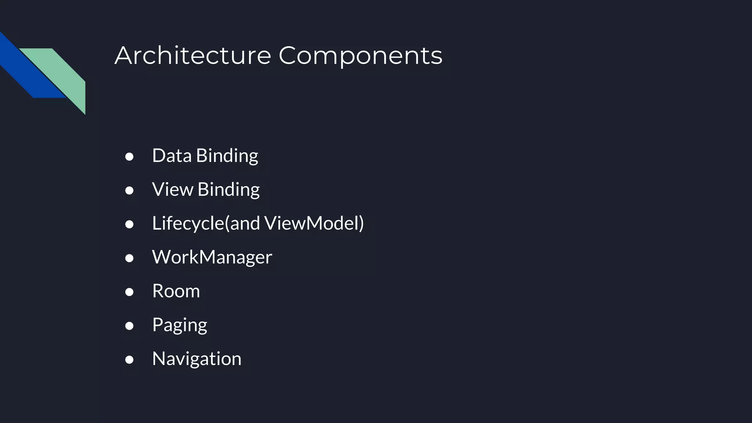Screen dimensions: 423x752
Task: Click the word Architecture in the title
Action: [x=193, y=56]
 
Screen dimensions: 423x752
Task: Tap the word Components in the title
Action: [x=360, y=56]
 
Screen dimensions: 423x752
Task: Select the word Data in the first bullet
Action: [x=171, y=156]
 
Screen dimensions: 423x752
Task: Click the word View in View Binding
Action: [x=172, y=189]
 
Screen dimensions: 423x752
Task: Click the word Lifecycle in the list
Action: [x=188, y=223]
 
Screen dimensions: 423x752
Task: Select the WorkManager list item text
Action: [x=212, y=257]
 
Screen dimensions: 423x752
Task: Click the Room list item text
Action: [x=176, y=291]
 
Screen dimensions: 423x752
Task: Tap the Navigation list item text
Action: [x=197, y=359]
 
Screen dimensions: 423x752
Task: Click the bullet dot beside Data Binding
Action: [x=129, y=157]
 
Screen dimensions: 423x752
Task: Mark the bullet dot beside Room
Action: [x=129, y=292]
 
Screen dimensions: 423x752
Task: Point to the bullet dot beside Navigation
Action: [x=129, y=359]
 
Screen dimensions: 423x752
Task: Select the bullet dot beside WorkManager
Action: [x=129, y=258]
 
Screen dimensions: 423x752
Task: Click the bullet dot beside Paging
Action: [x=129, y=326]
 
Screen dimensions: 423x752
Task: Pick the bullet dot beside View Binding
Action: [x=129, y=191]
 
